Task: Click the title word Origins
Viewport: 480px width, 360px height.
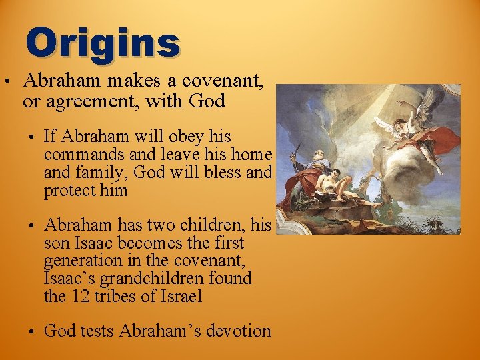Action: [x=103, y=42]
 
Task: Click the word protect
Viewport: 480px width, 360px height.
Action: [x=69, y=191]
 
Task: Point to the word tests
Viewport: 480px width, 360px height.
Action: [x=98, y=331]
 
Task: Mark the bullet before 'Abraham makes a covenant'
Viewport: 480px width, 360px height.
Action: [x=6, y=83]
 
